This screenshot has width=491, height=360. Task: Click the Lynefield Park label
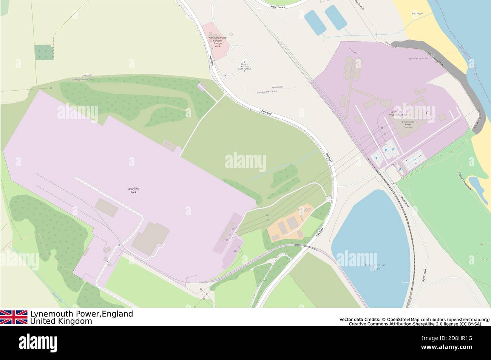click(131, 190)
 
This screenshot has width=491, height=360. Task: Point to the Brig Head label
click(417, 14)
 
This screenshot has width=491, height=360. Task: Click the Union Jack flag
click(14, 317)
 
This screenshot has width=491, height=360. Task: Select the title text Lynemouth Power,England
click(82, 314)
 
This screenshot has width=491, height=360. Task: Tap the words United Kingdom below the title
click(61, 321)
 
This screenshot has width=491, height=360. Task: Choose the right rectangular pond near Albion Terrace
click(335, 17)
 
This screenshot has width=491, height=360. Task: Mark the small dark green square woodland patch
click(44, 52)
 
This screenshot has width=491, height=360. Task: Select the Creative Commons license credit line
click(415, 324)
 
